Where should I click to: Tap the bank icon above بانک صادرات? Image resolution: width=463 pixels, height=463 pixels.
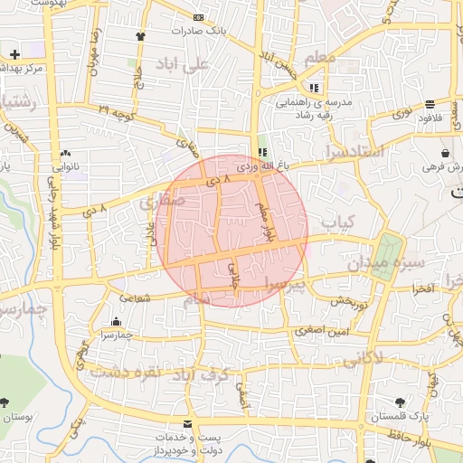pyautogui.click(x=198, y=18)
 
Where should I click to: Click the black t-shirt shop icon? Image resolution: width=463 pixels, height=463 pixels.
pyautogui.click(x=141, y=36)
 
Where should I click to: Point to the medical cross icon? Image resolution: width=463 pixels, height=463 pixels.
pyautogui.click(x=14, y=54)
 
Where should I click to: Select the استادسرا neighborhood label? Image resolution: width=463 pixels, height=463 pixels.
pyautogui.click(x=354, y=150)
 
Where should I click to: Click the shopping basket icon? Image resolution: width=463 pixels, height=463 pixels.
pyautogui.click(x=446, y=153)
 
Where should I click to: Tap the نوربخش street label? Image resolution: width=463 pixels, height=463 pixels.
pyautogui.click(x=347, y=301)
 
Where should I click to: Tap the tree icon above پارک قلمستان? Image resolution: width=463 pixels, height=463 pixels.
pyautogui.click(x=400, y=402)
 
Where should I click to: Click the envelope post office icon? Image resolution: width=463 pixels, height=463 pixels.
pyautogui.click(x=187, y=424)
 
